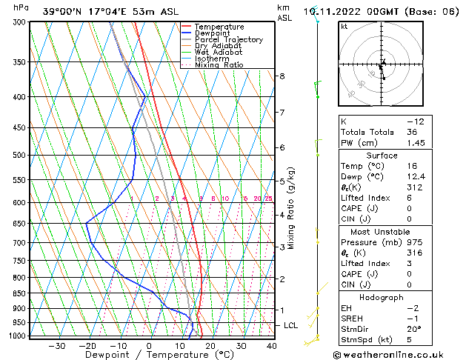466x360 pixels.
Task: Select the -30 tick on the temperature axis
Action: coord(57,346)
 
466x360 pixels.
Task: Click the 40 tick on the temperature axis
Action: coord(272,346)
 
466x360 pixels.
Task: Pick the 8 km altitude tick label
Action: coord(282,76)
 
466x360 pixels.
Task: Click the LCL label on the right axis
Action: coord(292,325)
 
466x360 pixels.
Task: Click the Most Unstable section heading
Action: coord(382,231)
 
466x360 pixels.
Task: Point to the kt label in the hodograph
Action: coord(344,26)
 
